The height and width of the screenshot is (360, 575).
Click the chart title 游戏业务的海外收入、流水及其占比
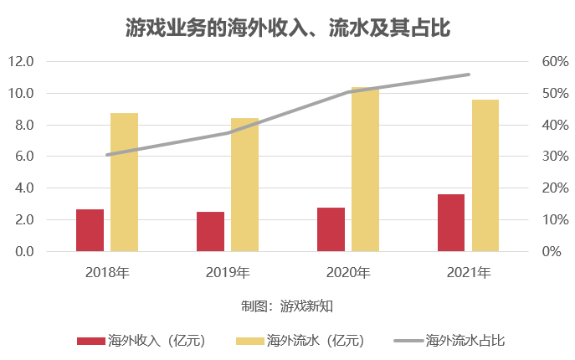(287, 28)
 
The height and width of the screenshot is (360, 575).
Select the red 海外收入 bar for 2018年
(90, 230)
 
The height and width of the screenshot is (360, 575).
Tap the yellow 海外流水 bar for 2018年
(124, 182)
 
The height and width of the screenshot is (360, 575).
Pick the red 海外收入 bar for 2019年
(210, 231)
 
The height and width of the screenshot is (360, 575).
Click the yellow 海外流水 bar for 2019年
(244, 184)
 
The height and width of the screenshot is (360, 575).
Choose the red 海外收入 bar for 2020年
(331, 229)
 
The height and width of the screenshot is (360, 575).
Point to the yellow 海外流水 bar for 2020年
(365, 169)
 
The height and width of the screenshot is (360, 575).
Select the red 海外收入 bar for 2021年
(451, 223)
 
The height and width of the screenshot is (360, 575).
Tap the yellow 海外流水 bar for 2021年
(485, 175)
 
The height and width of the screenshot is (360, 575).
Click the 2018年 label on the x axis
(107, 272)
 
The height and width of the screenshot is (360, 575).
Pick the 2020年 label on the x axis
(348, 272)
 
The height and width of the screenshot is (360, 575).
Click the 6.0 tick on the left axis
(24, 157)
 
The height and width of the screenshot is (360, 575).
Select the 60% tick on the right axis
(555, 62)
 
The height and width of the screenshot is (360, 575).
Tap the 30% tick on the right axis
(555, 157)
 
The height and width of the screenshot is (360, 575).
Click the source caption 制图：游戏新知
(287, 306)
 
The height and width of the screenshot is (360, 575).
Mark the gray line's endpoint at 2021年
(469, 75)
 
